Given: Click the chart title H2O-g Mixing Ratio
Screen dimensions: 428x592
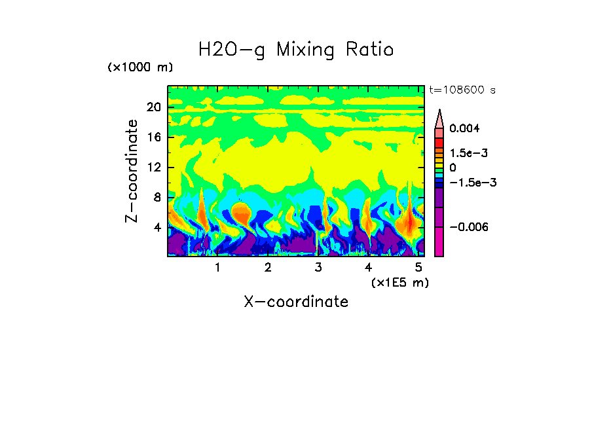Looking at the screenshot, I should coord(296,50).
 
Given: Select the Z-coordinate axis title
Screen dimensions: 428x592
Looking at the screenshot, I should coord(132,171).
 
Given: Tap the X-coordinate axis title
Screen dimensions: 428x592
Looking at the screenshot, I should coord(296,302).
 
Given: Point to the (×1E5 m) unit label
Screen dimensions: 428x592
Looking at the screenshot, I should coord(399,282).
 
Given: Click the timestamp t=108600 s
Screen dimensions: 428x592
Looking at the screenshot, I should coord(462,90).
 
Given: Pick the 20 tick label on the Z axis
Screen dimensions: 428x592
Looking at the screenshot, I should coord(153,108).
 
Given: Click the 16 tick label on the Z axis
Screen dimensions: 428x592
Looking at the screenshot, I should coord(153,137).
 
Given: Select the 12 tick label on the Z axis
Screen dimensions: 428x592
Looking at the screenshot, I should coord(153,168).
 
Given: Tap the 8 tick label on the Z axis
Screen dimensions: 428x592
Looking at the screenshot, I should coord(157,198).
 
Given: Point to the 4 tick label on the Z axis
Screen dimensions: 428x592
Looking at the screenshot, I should coord(157,228).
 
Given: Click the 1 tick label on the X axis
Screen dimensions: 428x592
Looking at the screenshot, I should coord(217,268).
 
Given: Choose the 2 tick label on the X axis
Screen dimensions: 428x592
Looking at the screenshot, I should coord(268,268).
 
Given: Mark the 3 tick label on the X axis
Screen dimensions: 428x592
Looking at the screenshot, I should coord(318,268).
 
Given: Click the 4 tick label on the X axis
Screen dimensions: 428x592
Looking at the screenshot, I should coord(369,268).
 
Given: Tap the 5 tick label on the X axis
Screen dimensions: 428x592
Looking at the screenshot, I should coord(418,268).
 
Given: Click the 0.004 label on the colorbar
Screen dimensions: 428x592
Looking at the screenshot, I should coord(464,128).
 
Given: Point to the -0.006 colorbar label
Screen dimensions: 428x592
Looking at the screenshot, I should coord(468,226).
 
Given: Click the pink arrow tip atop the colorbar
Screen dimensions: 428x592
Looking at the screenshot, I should coord(439,118).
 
